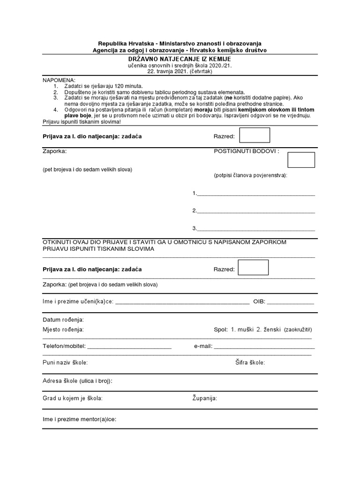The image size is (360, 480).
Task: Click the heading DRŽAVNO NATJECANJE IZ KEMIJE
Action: coord(180,60)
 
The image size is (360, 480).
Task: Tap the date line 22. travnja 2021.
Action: coord(180,72)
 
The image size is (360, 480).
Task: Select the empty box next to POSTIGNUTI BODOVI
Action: coord(301,160)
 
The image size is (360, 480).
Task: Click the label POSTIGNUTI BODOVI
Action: coord(246,151)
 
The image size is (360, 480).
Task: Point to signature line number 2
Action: coord(256,211)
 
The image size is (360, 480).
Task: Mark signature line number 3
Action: coord(256,229)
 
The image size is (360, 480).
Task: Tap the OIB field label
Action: coord(259,301)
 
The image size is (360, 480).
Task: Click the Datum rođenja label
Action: coord(63,320)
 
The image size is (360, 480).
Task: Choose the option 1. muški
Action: coord(242,330)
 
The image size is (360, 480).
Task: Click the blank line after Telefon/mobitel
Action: coord(129,347)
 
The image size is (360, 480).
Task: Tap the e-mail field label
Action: coord(203,346)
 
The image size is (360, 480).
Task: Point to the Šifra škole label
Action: coord(250,362)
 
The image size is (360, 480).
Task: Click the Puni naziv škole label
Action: coord(65,362)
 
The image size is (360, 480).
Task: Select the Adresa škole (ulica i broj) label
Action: coord(77,381)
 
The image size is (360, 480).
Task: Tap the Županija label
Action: coord(204,398)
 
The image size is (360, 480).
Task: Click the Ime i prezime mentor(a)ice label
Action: coord(79,420)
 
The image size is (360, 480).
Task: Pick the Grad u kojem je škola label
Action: coord(73,398)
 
